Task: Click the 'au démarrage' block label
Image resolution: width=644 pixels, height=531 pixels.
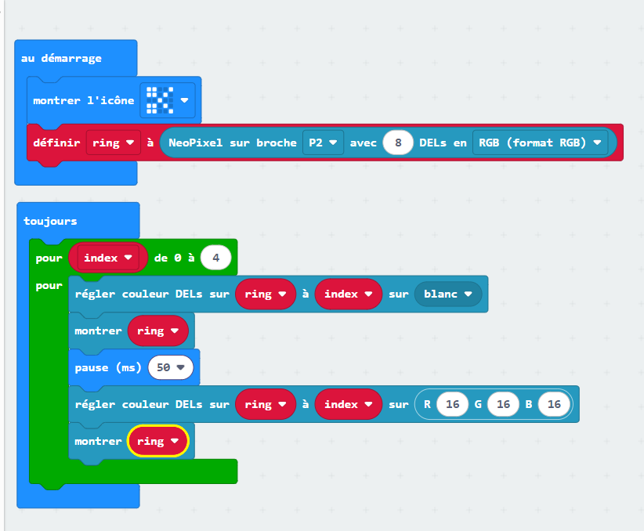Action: (61, 58)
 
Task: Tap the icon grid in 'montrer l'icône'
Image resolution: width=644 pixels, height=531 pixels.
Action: (160, 100)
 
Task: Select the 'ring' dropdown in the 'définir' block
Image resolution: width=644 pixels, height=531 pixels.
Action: (114, 143)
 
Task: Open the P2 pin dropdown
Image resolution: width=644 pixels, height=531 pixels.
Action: (323, 143)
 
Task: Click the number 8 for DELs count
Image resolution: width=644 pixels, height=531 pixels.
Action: (398, 143)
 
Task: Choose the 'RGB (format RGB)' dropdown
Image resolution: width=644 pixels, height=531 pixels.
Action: (540, 143)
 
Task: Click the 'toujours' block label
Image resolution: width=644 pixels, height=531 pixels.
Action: (50, 221)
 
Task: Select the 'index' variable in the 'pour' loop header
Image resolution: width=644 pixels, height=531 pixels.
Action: (108, 258)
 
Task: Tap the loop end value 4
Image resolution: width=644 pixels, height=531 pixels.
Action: (216, 258)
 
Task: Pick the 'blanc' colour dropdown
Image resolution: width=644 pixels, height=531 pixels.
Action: (448, 294)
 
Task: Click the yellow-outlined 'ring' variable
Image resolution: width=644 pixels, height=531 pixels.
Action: (158, 441)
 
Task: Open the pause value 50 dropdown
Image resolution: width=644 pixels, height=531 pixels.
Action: (171, 367)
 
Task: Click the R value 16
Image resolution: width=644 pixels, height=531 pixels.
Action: (452, 404)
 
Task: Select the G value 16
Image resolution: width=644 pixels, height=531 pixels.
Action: (503, 404)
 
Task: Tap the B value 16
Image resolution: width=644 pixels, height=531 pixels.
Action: (554, 404)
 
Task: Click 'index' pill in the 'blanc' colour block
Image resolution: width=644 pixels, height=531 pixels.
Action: (349, 294)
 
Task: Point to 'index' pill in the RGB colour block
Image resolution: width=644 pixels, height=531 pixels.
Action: (349, 404)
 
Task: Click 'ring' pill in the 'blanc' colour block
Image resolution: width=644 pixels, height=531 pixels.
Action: (266, 294)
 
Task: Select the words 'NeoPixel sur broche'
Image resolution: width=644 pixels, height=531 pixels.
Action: (233, 143)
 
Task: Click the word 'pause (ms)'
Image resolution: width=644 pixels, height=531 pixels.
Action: (108, 367)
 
